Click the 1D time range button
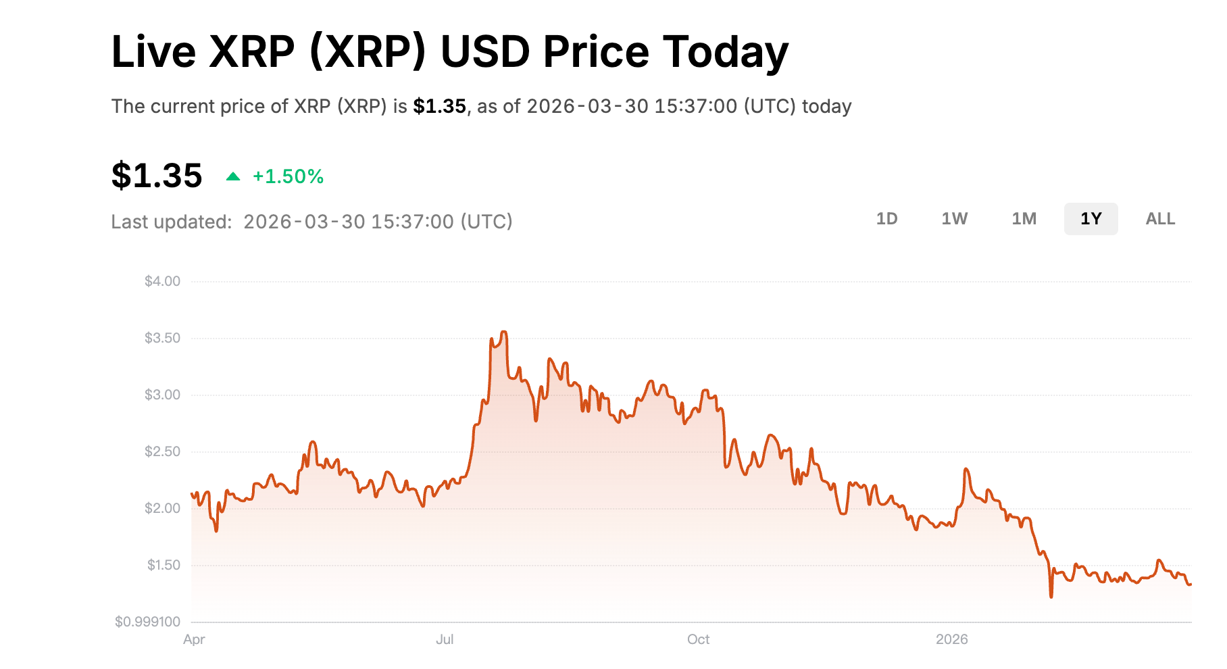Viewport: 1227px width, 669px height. point(886,219)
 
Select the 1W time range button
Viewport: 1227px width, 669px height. point(955,219)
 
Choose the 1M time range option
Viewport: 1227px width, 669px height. point(1024,219)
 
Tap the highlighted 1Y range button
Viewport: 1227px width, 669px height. point(1091,219)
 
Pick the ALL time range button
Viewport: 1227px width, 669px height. point(1160,219)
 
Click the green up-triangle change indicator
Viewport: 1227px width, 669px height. point(233,177)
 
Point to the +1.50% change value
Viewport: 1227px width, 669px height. point(288,177)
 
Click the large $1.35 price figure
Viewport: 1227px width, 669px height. point(157,176)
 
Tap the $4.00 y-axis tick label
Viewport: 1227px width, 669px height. point(162,281)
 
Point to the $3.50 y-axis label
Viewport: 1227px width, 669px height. point(162,338)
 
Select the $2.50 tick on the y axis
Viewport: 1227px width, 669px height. point(162,451)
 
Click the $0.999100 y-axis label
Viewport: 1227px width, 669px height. point(147,622)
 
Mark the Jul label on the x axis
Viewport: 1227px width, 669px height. point(445,639)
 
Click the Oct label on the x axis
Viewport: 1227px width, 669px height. point(698,639)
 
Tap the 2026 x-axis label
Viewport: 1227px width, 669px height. point(951,639)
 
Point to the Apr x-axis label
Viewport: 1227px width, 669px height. point(194,639)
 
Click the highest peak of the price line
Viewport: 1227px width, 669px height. point(503,332)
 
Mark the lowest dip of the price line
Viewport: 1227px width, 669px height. point(1051,597)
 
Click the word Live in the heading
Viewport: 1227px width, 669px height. point(153,52)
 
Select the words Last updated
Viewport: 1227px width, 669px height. point(171,222)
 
